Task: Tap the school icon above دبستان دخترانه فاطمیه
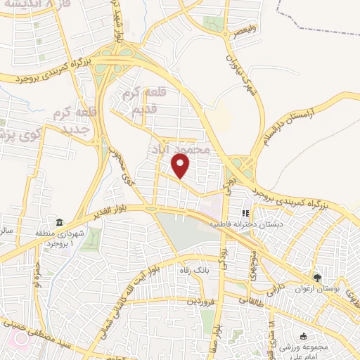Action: pos(245,213)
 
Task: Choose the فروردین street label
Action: pos(198,302)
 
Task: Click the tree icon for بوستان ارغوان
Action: pos(317,278)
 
